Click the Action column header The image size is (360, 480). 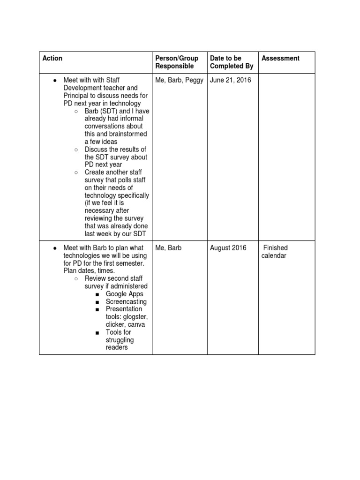[x=52, y=58]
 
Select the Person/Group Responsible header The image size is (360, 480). [x=177, y=62]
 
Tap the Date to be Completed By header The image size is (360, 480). [x=231, y=62]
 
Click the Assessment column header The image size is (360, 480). [x=280, y=58]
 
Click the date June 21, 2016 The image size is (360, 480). [x=230, y=80]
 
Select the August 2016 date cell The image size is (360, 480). [x=228, y=248]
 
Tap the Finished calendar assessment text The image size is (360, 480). [x=275, y=252]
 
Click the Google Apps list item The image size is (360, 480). [x=125, y=294]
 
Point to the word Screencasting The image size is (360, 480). [x=126, y=302]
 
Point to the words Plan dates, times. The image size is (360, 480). [x=85, y=271]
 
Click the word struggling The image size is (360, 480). [x=120, y=340]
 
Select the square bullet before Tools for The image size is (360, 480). [x=97, y=332]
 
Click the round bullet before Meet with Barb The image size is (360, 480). [x=55, y=248]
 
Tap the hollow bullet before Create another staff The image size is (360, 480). [x=76, y=172]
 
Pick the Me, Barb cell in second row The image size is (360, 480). [x=168, y=248]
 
